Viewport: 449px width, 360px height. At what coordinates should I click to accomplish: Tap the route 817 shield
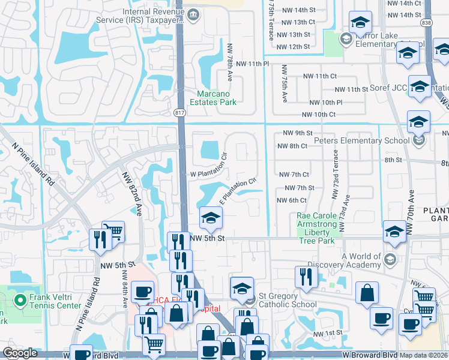(179, 112)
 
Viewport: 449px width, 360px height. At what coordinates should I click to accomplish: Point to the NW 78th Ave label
(229, 62)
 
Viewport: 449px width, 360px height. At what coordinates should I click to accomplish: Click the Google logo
(20, 353)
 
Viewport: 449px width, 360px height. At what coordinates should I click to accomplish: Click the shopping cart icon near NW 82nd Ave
(113, 231)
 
